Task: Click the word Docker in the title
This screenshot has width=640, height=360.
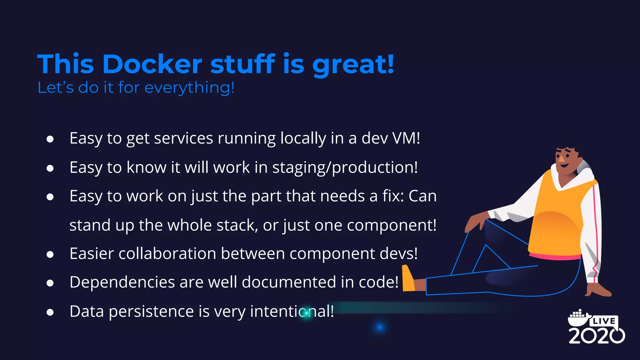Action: pos(152,64)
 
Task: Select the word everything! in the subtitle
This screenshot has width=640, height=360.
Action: pos(189,88)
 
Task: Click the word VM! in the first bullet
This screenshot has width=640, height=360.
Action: pos(406,138)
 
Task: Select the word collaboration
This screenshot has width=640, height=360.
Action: pos(167,253)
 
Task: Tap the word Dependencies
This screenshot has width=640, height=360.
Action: pos(122,282)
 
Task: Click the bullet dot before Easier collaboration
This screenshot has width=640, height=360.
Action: pos(50,254)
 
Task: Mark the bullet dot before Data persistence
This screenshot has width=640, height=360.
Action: pos(50,312)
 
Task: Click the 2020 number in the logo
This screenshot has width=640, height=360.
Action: pos(596,336)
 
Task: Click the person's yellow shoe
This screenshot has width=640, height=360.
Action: pos(408,279)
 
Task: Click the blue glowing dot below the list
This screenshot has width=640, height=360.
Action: pos(380,327)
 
